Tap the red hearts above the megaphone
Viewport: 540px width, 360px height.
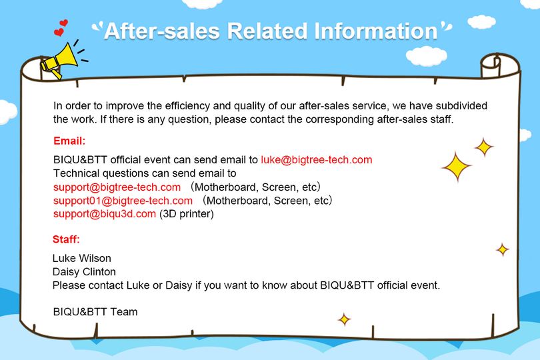click(x=61, y=28)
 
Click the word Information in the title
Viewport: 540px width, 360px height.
click(x=376, y=31)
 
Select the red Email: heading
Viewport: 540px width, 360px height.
click(x=69, y=141)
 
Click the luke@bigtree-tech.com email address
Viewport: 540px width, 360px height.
click(x=317, y=160)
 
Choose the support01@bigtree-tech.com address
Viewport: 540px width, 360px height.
click(x=123, y=201)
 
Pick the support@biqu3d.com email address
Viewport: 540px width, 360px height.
click(x=105, y=213)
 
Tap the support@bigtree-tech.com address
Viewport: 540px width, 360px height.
click(x=117, y=187)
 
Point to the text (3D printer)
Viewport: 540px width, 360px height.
click(x=186, y=214)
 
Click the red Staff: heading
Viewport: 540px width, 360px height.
click(x=66, y=239)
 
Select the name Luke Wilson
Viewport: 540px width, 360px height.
click(x=81, y=258)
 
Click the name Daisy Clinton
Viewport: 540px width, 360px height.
click(x=84, y=272)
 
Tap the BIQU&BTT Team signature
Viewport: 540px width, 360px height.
click(x=95, y=312)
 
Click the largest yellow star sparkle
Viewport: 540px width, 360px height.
click(x=457, y=167)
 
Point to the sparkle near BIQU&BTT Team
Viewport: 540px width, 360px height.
click(x=344, y=320)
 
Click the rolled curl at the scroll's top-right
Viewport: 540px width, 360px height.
click(x=491, y=65)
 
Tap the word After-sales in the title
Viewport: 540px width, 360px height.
click(x=162, y=31)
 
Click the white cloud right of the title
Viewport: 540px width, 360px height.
click(x=427, y=56)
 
